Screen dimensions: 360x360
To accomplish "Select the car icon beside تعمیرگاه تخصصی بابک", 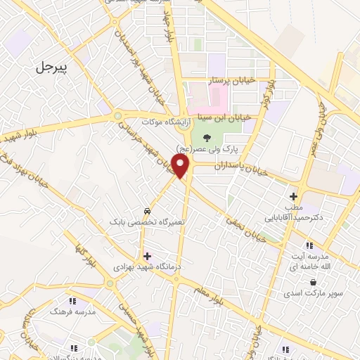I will pos(146,211).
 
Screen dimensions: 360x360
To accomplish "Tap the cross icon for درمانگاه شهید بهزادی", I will pos(146,256).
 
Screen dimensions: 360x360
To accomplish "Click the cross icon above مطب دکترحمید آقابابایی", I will pos(293,196).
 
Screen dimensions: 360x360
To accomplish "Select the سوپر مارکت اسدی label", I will pos(311,292).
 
